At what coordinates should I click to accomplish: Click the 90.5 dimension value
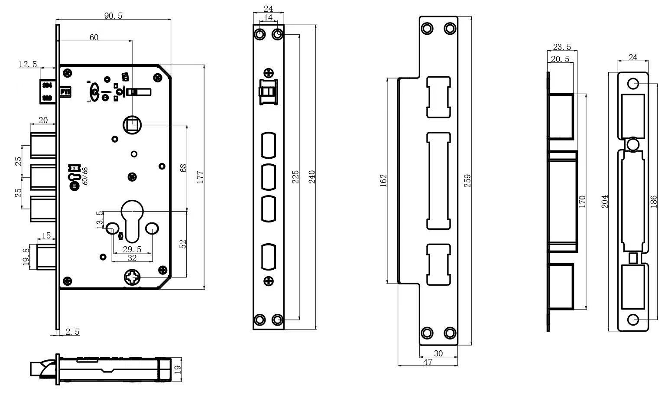[x=113, y=16]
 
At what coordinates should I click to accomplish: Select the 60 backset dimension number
[x=94, y=38]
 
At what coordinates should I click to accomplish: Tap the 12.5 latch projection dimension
[x=28, y=64]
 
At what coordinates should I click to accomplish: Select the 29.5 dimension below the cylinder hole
[x=132, y=249]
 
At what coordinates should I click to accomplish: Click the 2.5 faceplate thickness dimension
[x=72, y=332]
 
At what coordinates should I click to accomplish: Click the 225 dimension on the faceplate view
[x=295, y=177]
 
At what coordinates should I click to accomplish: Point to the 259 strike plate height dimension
[x=467, y=181]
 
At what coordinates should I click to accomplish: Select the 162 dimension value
[x=383, y=181]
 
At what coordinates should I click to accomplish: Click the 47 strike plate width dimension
[x=428, y=362]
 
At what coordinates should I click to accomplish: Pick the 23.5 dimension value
[x=562, y=47]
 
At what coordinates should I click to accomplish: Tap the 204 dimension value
[x=605, y=201]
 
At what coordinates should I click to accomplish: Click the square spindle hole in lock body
[x=132, y=125]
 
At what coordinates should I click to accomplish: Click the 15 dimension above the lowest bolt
[x=46, y=236]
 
